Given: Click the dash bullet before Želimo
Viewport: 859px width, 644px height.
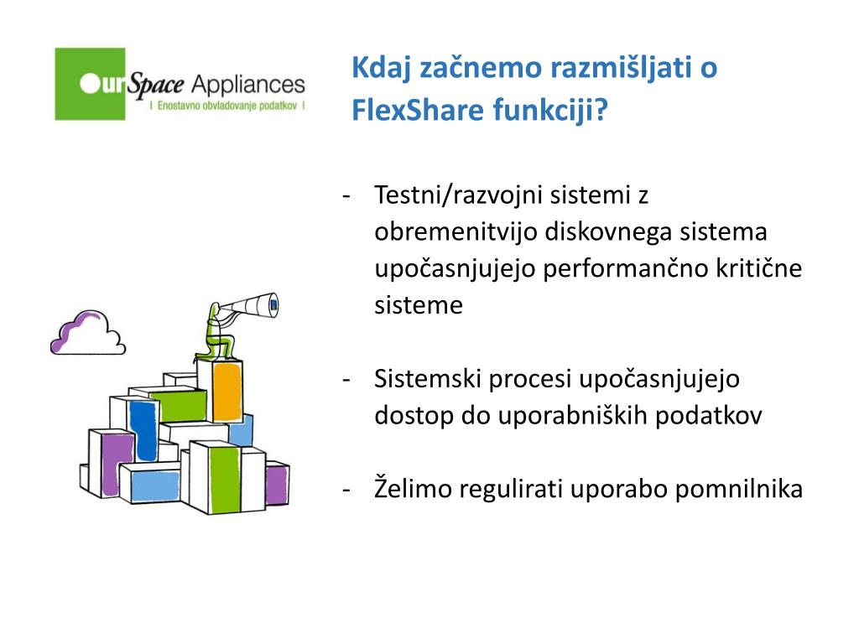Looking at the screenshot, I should (x=346, y=489).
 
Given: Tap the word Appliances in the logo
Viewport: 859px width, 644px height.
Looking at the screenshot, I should (x=247, y=85).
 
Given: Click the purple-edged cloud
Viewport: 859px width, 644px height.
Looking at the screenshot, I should (x=86, y=332).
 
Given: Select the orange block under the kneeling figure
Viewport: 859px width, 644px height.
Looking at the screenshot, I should (x=226, y=391).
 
